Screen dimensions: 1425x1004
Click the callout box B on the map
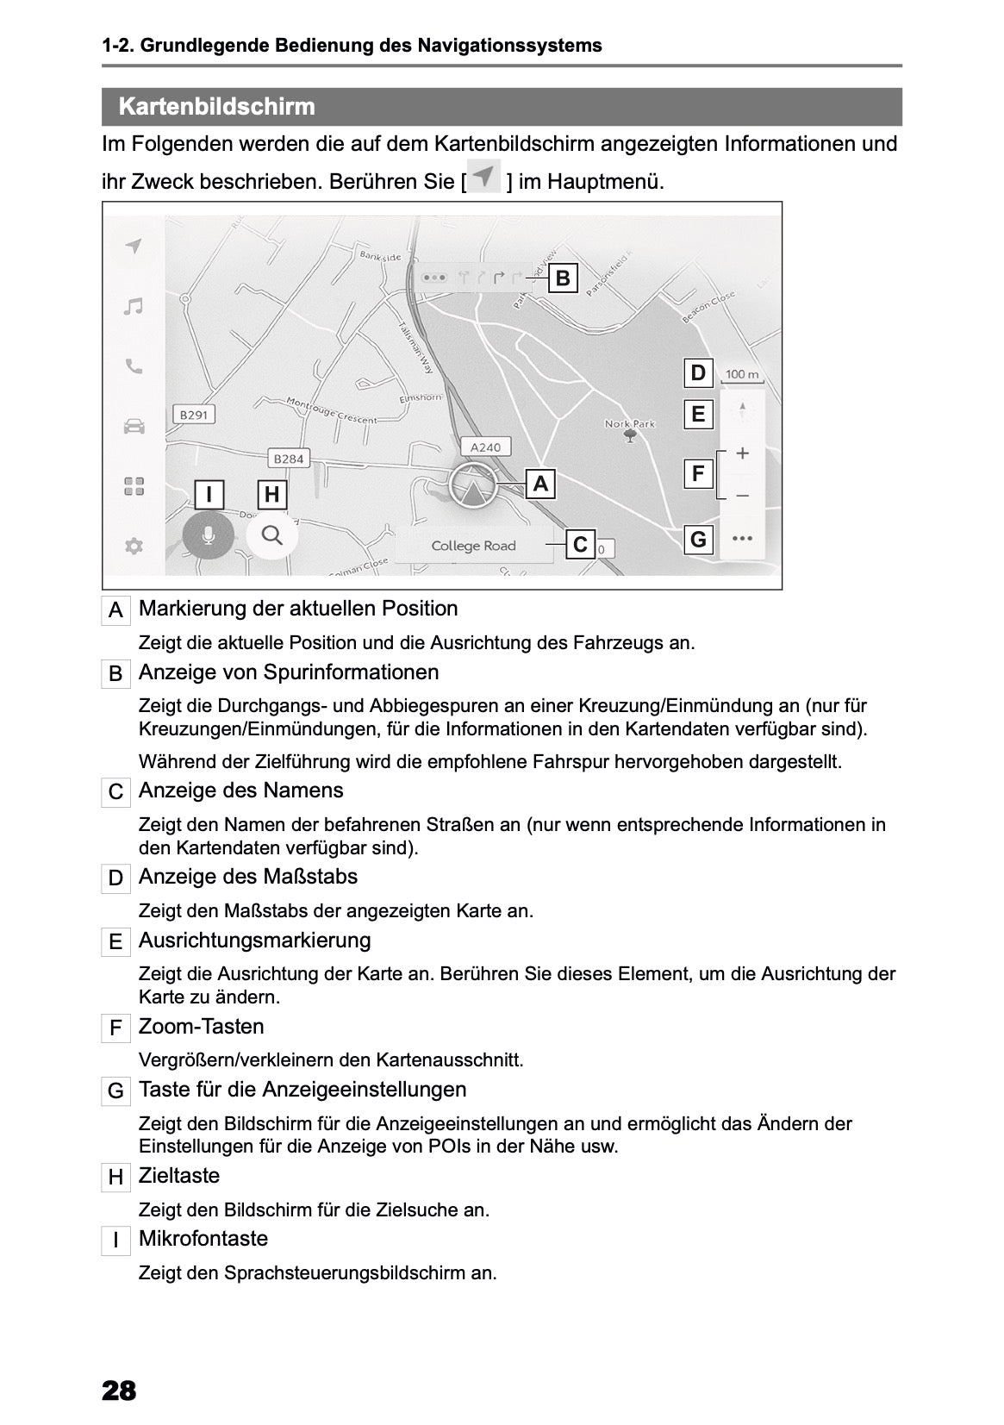562,278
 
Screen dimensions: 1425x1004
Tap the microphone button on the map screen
208,536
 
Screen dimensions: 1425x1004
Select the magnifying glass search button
272,535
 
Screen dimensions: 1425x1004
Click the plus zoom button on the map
742,453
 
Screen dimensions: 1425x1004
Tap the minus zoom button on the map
742,496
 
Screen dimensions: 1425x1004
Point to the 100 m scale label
742,375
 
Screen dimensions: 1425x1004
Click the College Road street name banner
473,546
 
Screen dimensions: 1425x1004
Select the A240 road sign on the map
485,447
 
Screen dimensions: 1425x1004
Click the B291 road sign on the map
192,415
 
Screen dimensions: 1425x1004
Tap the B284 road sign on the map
288,459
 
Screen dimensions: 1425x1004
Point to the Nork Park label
630,424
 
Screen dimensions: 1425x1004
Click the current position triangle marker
472,490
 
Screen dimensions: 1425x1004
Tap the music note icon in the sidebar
133,307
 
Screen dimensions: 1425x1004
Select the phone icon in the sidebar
133,366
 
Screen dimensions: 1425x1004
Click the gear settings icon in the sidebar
134,546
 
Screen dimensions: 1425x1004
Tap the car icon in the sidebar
134,426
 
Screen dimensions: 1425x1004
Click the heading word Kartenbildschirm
216,107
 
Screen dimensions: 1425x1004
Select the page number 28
119,1391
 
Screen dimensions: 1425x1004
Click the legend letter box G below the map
115,1091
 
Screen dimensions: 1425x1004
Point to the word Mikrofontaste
203,1239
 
